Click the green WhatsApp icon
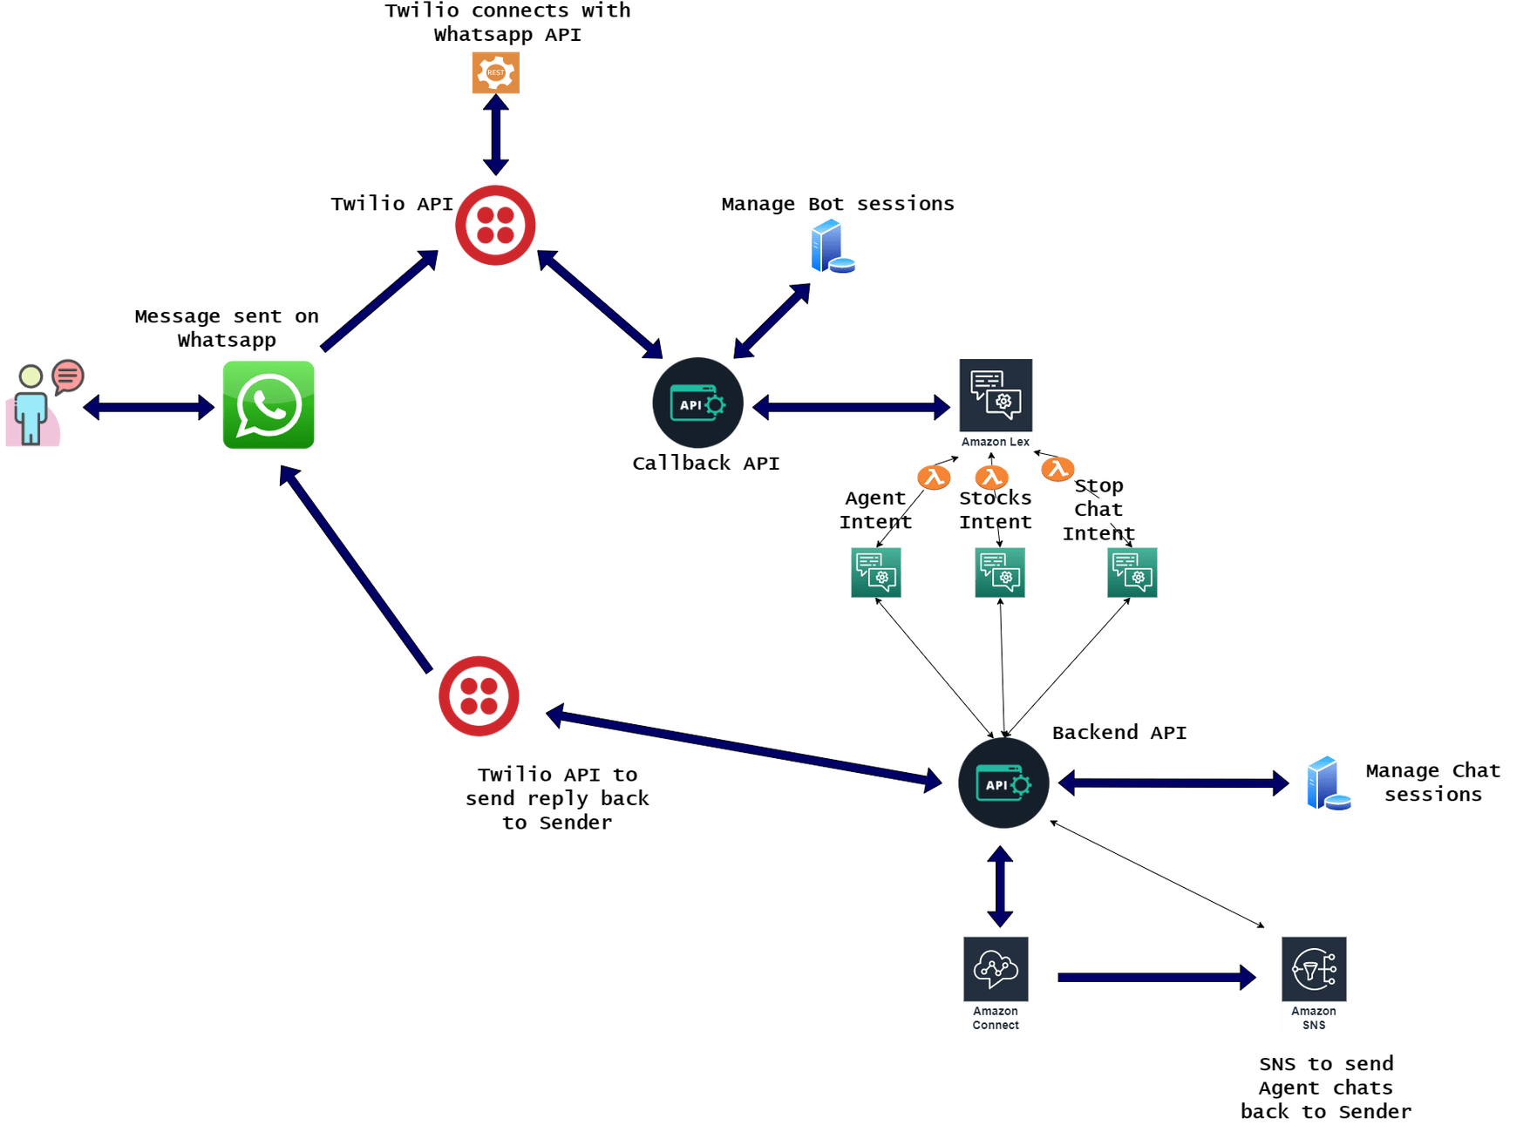click(x=269, y=405)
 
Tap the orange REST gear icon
click(x=496, y=72)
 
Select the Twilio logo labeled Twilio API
click(x=495, y=225)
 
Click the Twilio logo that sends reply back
click(x=479, y=696)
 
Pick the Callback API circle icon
click(x=697, y=403)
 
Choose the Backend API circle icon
click(x=1003, y=783)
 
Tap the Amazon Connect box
click(x=996, y=986)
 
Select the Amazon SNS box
click(x=1313, y=986)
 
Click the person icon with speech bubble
click(x=39, y=403)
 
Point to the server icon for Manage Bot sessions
click(x=831, y=247)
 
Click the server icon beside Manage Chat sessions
click(x=1327, y=783)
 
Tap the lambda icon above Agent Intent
click(x=934, y=477)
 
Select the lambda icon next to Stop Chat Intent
click(x=1057, y=469)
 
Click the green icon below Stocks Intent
click(x=999, y=572)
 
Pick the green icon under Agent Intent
click(x=875, y=572)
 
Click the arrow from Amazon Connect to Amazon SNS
click(x=1155, y=977)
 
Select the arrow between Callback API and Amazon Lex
click(x=850, y=406)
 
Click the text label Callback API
click(x=705, y=464)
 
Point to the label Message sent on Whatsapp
click(x=227, y=328)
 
